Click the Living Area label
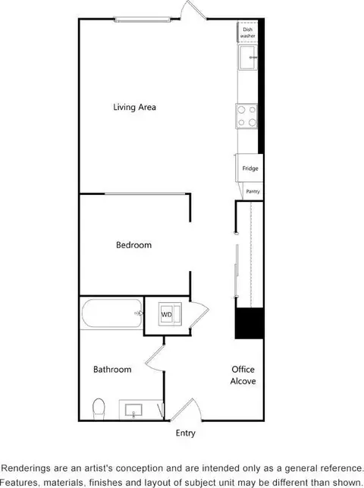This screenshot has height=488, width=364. pos(134,107)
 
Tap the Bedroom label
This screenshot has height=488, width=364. pos(134,245)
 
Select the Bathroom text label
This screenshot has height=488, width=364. pos(112,370)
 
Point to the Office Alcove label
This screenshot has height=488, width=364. pos(243,375)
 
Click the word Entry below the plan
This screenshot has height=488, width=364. pos(186,433)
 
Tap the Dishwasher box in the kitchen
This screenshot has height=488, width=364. pos(248,32)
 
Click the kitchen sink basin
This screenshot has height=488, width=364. pos(248,58)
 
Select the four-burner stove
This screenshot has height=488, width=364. pos(246,116)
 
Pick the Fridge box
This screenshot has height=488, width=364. pos(249,168)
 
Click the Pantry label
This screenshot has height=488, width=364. pos(253,191)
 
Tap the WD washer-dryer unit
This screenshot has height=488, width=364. pos(170,314)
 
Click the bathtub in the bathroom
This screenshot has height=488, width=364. pos(112,313)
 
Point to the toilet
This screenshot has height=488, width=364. pos(99,409)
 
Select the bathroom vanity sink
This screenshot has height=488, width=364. pos(133,410)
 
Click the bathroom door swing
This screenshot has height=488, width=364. pos(155,358)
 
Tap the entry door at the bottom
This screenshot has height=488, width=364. pos(186,409)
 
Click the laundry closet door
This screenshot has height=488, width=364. pos(199,313)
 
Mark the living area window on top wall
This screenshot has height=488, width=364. pos(143,20)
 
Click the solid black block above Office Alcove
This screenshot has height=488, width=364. pos(249,323)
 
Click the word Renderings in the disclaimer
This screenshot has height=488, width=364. pos(26,468)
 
